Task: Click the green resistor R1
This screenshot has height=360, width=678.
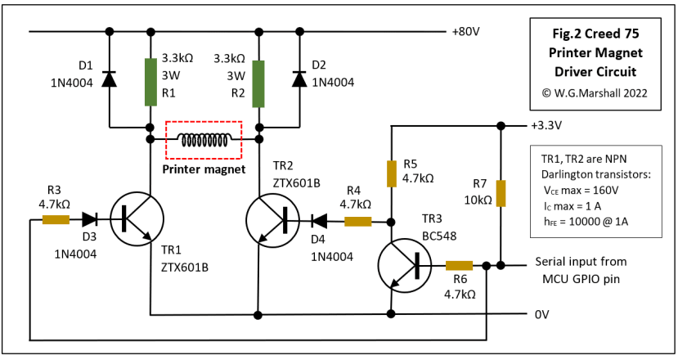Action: point(150,82)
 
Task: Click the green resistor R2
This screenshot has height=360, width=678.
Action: point(258,82)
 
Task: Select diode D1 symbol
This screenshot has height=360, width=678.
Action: point(109,79)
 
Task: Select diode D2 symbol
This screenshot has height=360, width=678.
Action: point(300,79)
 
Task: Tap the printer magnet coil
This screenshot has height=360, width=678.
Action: point(204,140)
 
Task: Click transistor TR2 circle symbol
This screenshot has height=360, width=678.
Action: point(273,220)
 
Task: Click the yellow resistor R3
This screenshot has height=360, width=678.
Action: point(56,219)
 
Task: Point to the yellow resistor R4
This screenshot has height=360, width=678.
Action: point(357,221)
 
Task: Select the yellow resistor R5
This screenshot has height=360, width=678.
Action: point(391,173)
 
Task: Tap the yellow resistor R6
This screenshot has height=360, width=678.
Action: point(459,265)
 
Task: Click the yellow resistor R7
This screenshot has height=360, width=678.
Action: point(500,194)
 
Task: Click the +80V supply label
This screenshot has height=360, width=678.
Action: point(465,33)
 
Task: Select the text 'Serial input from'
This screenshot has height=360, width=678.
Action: point(581,262)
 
